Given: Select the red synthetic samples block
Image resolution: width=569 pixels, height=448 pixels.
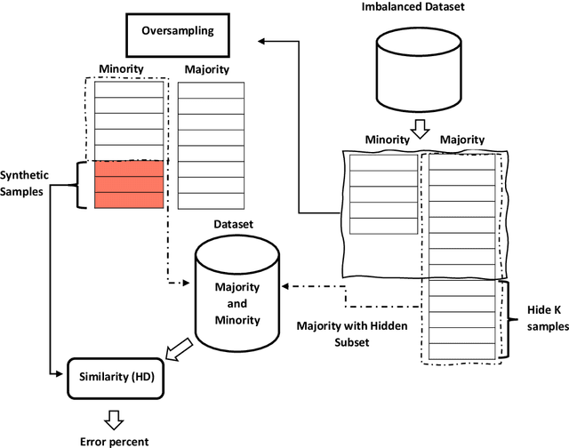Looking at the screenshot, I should (130, 185).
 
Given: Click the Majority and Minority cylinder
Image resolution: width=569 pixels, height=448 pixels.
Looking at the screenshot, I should (236, 292).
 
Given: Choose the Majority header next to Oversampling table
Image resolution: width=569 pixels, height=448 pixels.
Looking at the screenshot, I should (206, 69).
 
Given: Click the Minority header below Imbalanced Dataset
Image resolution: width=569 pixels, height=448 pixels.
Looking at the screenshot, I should (387, 140).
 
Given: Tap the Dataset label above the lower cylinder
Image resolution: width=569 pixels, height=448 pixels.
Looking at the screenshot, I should (235, 226).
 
